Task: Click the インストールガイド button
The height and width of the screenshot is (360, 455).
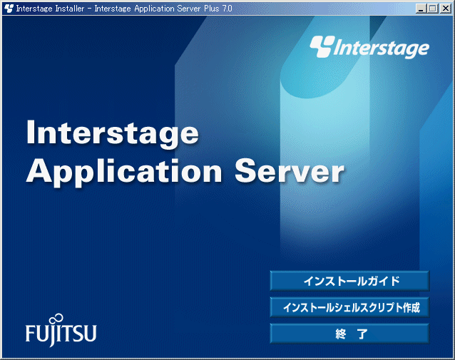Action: pos(349,281)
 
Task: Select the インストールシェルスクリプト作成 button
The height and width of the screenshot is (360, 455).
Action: pos(349,307)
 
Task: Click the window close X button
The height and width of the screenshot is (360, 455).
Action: pos(446,9)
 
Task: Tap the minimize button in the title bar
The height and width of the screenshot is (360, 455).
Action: pos(421,9)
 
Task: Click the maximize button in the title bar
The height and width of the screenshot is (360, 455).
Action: pos(432,9)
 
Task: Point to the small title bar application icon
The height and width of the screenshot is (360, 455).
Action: pos(9,9)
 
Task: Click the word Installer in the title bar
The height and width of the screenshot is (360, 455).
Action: pos(70,9)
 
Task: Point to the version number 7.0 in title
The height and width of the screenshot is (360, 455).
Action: pos(227,9)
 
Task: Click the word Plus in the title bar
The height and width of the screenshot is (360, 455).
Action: pos(211,9)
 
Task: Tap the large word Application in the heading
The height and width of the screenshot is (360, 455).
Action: pos(124,171)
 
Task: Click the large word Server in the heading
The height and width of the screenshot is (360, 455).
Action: pos(290,171)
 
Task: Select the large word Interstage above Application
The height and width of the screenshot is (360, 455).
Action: pos(113,133)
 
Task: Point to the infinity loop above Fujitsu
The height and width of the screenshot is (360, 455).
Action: pos(56,319)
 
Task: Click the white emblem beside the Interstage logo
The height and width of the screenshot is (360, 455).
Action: pos(322,46)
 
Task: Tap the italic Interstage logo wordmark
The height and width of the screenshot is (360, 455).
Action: pos(381,48)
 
